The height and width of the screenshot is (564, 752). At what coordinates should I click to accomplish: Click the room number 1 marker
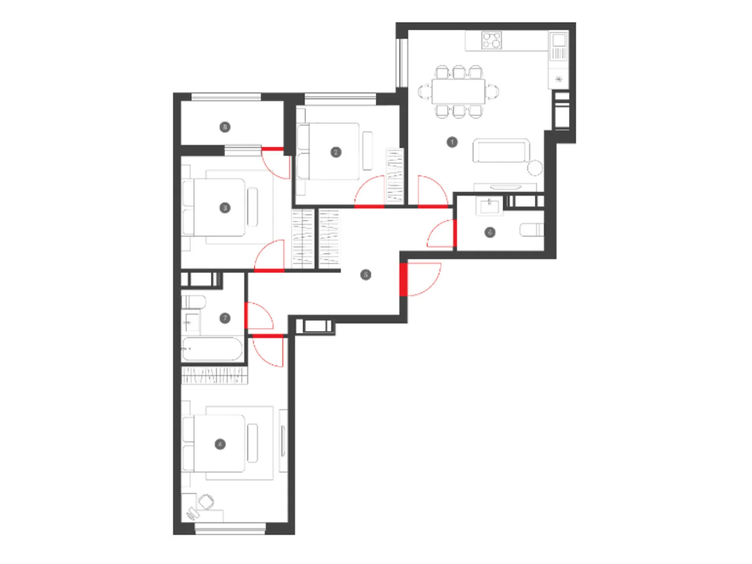tap(452, 142)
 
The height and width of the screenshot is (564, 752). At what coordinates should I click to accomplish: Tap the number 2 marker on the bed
tap(336, 152)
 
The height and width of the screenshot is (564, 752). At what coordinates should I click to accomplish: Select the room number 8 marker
tap(225, 127)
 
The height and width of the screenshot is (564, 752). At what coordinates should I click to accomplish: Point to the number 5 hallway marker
tap(366, 274)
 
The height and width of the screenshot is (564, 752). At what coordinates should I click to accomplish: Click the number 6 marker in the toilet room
tap(490, 232)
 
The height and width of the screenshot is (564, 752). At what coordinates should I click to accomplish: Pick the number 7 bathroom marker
tap(225, 318)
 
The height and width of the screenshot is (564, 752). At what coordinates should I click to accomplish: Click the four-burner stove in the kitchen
tap(492, 40)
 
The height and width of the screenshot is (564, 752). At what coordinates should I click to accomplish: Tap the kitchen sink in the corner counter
tap(559, 45)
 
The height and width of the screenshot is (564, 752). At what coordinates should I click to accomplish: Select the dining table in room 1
tap(458, 92)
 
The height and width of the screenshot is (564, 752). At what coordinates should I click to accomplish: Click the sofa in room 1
tap(501, 151)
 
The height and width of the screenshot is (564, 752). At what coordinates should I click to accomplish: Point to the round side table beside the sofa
tap(535, 167)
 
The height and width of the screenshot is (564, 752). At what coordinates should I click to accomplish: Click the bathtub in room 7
tap(212, 349)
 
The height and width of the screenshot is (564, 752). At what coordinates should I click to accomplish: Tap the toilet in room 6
tap(531, 230)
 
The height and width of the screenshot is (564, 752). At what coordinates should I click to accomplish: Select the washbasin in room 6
tap(489, 205)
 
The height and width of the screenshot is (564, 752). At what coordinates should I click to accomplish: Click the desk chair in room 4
tap(206, 501)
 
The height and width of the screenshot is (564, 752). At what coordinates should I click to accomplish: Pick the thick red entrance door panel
tap(403, 279)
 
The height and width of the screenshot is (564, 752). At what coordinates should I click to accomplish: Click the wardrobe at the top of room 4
tap(214, 376)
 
